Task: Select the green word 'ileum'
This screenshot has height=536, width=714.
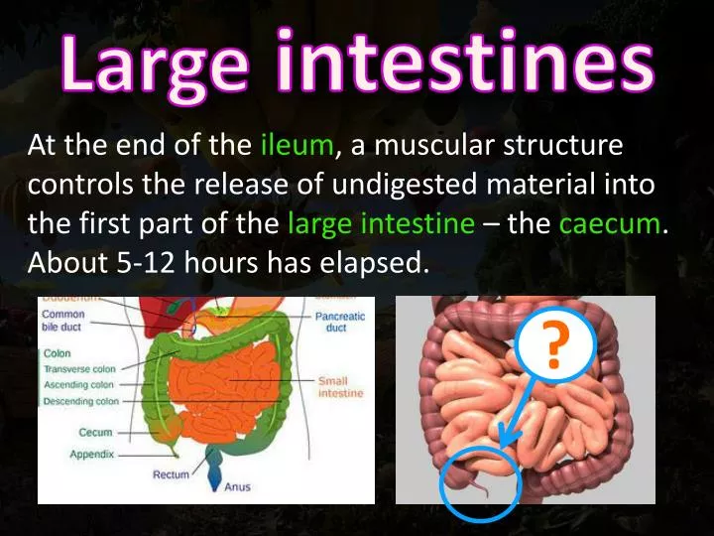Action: (297, 147)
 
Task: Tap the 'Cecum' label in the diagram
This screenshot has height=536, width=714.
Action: (96, 433)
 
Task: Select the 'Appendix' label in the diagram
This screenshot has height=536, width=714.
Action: (92, 455)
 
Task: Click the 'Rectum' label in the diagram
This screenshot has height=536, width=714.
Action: (171, 475)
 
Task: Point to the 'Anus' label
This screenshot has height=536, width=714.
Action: (238, 487)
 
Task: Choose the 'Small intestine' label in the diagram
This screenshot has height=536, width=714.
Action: (340, 387)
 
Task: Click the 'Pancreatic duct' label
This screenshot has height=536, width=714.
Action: (340, 322)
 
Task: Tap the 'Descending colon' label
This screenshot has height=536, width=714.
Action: (81, 402)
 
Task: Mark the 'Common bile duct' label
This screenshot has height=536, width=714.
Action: (63, 320)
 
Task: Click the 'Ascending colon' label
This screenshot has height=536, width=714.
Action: (79, 385)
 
